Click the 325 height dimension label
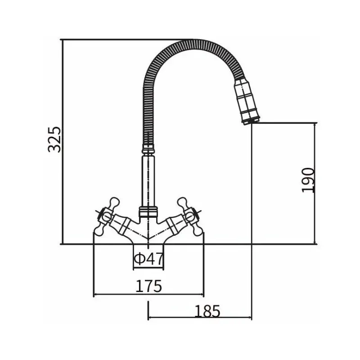pyautogui.click(x=54, y=139)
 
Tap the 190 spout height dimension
pyautogui.click(x=308, y=180)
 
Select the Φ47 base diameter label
pyautogui.click(x=149, y=258)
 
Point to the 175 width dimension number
pyautogui.click(x=149, y=286)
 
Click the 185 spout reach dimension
pyautogui.click(x=207, y=311)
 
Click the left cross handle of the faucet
pyautogui.click(x=106, y=216)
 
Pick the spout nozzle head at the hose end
pyautogui.click(x=247, y=101)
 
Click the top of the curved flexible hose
pyautogui.click(x=194, y=43)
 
